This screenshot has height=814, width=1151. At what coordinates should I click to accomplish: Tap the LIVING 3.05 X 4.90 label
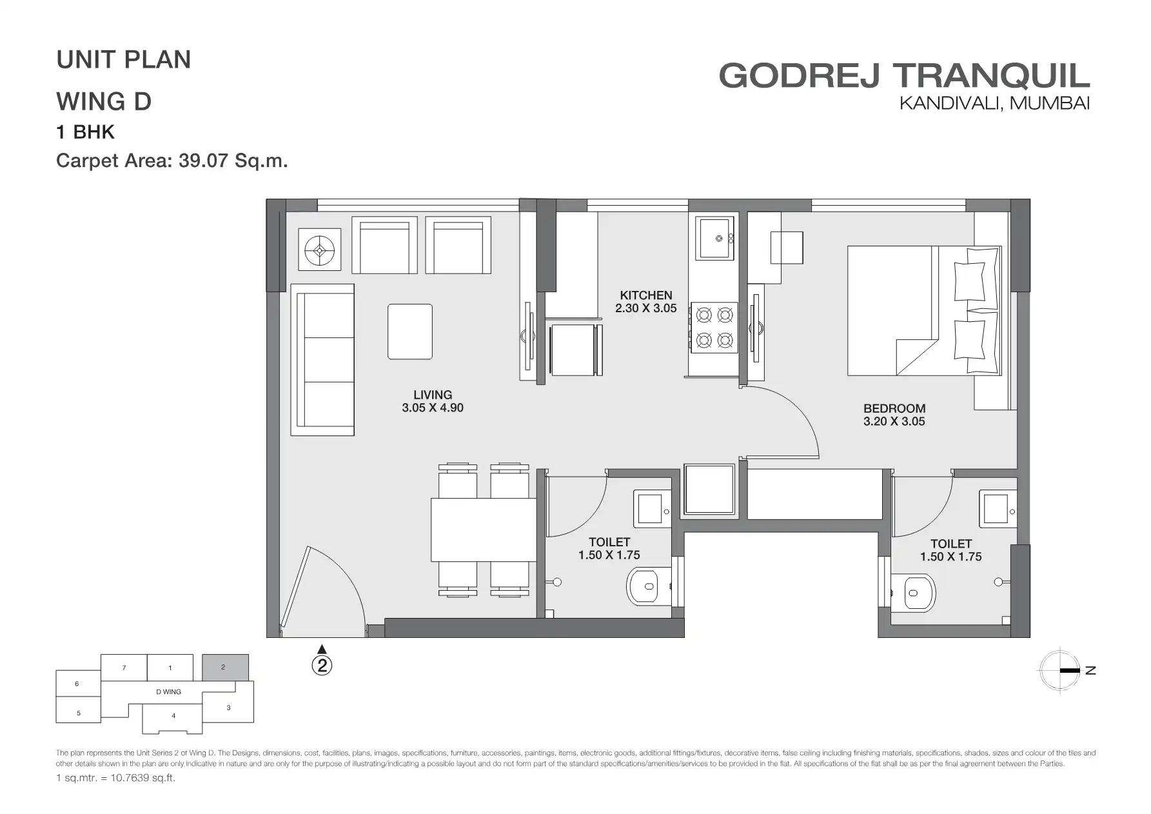[x=433, y=401]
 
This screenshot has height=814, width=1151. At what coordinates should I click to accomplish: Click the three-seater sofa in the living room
[x=322, y=360]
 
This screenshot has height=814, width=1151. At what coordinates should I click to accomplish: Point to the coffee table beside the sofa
[x=410, y=332]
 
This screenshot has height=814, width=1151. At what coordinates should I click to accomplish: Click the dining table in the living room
[x=484, y=530]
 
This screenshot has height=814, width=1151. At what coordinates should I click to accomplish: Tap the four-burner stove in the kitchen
[x=714, y=328]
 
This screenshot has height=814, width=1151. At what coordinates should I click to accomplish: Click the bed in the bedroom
[x=924, y=310]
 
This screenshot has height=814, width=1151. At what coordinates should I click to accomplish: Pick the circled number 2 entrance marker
[x=322, y=665]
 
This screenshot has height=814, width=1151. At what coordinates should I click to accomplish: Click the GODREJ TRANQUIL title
[x=904, y=75]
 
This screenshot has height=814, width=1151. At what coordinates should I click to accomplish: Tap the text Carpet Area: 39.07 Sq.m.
[x=172, y=161]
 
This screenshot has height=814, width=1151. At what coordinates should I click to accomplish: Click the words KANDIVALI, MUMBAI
[x=994, y=103]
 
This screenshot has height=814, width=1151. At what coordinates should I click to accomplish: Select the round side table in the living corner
[x=319, y=251]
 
